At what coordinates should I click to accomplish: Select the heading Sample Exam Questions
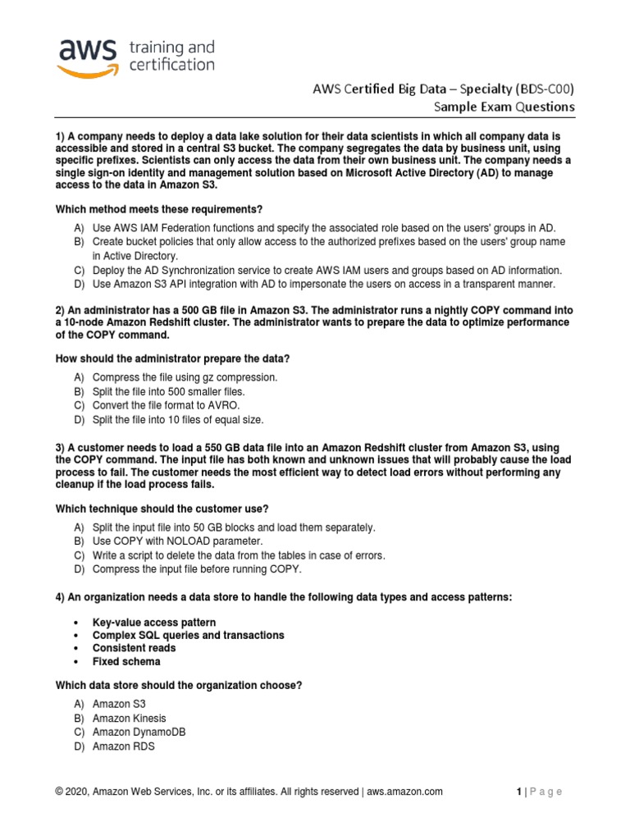pyautogui.click(x=504, y=107)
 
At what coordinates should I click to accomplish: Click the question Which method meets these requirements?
pyautogui.click(x=159, y=209)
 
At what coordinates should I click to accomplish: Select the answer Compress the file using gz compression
pyautogui.click(x=185, y=377)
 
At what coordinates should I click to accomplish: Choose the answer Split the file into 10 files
pyautogui.click(x=178, y=420)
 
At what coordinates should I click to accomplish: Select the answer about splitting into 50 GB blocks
pyautogui.click(x=234, y=527)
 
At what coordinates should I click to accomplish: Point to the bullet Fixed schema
pyautogui.click(x=126, y=661)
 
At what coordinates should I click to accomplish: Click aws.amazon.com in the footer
pyautogui.click(x=404, y=792)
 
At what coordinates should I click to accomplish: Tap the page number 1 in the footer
pyautogui.click(x=519, y=792)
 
